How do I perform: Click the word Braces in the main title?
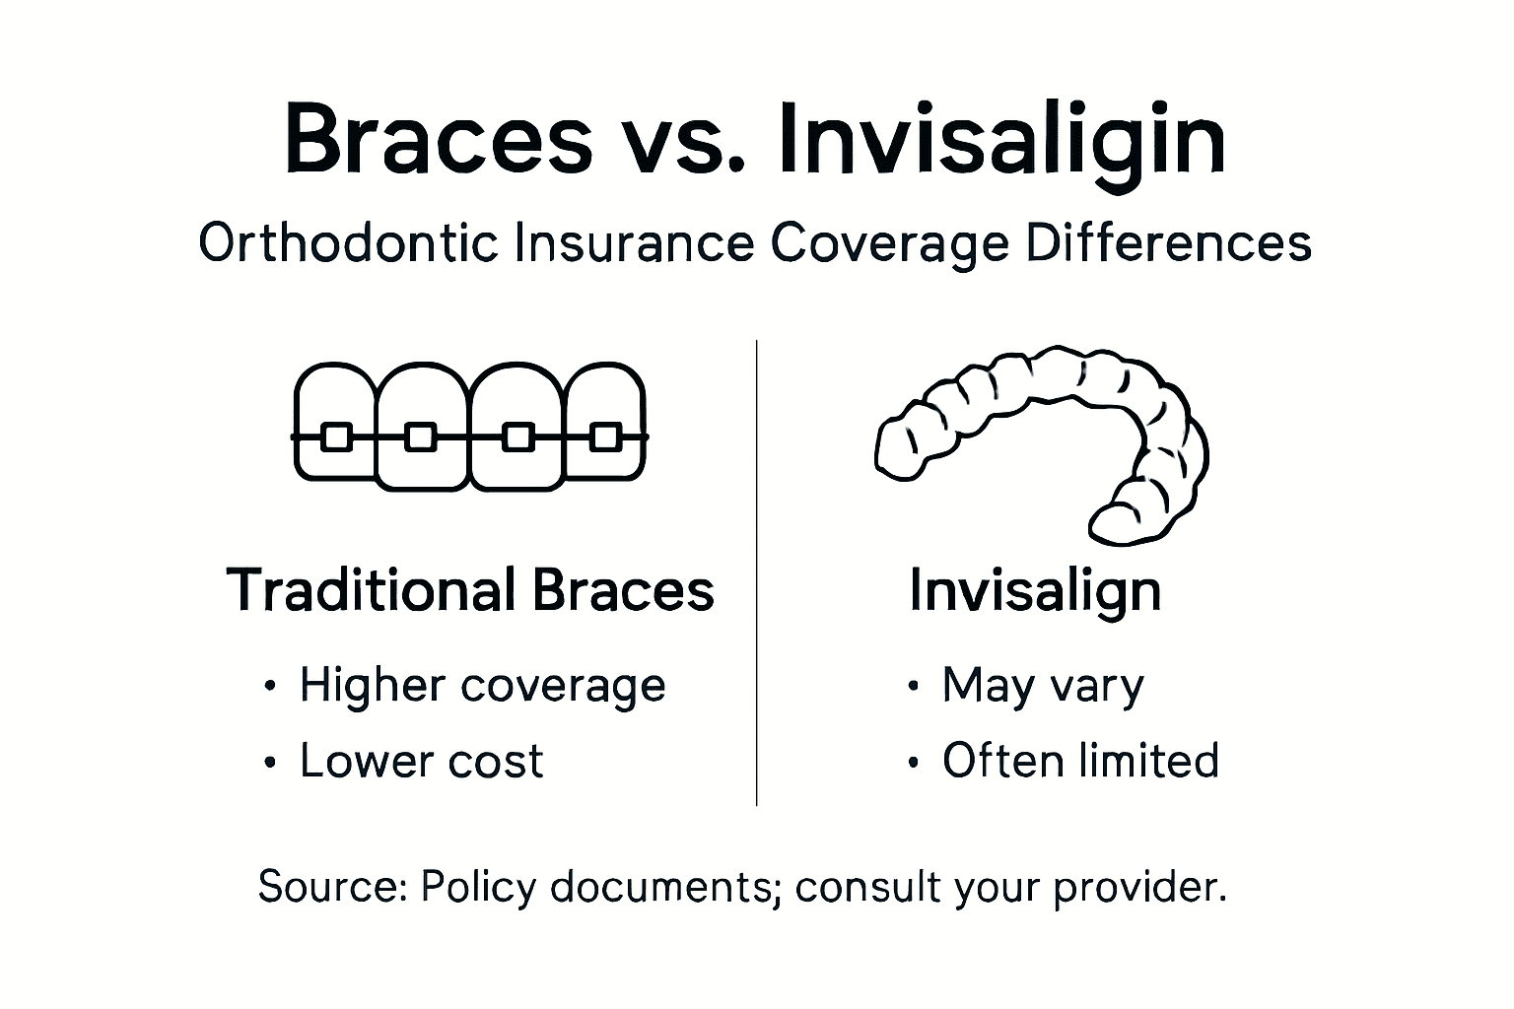pos(439,140)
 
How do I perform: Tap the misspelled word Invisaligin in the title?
pos(1001,140)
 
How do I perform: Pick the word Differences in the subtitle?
pos(1168,242)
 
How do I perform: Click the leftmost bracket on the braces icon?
pos(337,437)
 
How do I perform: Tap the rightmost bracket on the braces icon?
pos(605,437)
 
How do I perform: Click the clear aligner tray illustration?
pos(1045,434)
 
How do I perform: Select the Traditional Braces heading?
pos(470,590)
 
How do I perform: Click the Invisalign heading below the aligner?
pos(1035,591)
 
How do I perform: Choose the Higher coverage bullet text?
pos(482,685)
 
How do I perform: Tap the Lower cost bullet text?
pos(421,761)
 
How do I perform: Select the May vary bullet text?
pos(1043,685)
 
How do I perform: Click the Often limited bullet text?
pos(1080,761)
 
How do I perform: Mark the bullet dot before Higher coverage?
pos(270,687)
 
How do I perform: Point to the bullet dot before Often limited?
pos(913,763)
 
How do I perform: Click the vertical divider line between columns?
pos(756,572)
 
